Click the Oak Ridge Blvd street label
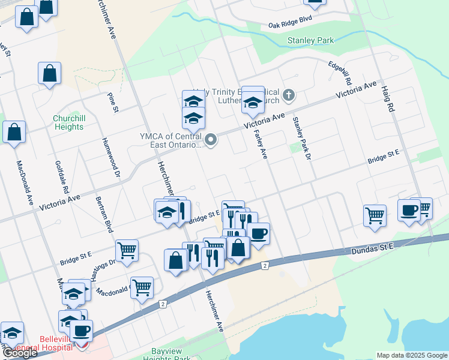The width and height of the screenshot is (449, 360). pyautogui.click(x=291, y=22)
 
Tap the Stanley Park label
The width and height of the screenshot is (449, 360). pyautogui.click(x=310, y=41)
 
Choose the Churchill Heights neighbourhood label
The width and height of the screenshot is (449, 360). pyautogui.click(x=68, y=122)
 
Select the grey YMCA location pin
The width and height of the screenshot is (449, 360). pyautogui.click(x=211, y=141)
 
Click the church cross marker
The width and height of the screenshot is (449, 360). pyautogui.click(x=289, y=95)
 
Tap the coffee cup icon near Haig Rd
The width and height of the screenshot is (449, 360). pyautogui.click(x=409, y=211)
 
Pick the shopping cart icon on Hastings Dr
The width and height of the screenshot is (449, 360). pyautogui.click(x=127, y=250)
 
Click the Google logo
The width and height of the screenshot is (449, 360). pyautogui.click(x=19, y=353)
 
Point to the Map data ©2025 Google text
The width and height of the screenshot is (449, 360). pyautogui.click(x=412, y=355)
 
